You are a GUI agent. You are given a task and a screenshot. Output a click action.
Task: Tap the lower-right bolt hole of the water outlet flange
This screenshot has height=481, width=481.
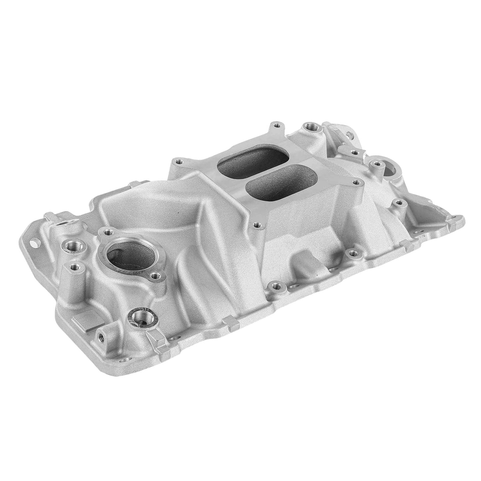click(154, 275)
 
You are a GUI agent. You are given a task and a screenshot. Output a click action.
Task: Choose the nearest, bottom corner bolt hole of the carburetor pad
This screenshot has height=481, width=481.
click(256, 225)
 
